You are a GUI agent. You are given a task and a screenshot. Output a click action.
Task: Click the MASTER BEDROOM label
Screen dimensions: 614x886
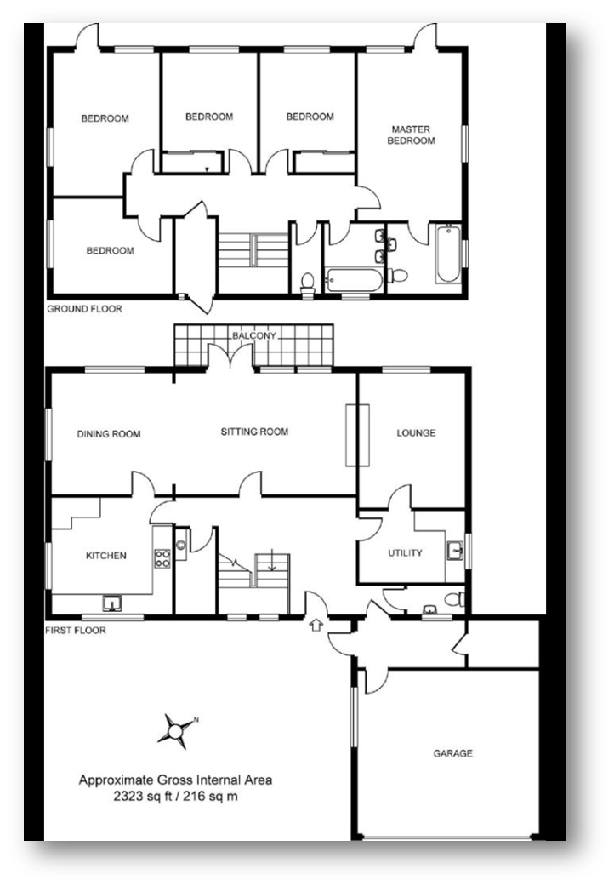click(412, 135)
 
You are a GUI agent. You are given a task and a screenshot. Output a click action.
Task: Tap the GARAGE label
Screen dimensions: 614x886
click(452, 753)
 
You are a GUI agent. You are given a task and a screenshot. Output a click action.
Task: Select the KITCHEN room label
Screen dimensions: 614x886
click(106, 556)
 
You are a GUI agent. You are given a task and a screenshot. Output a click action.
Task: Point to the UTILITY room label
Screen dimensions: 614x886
click(405, 552)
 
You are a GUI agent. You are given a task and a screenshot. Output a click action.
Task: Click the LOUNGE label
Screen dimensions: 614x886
click(416, 433)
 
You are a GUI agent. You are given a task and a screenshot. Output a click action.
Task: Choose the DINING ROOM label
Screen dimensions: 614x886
click(109, 434)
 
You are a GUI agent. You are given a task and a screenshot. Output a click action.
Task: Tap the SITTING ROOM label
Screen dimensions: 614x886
click(254, 432)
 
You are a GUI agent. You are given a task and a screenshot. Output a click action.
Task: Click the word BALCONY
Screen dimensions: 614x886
click(254, 335)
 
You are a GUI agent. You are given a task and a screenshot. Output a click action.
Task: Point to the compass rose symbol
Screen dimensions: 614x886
click(176, 731)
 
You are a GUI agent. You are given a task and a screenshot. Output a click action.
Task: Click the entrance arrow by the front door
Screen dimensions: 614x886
click(316, 625)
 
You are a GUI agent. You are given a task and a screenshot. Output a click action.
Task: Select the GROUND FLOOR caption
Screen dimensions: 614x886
click(84, 308)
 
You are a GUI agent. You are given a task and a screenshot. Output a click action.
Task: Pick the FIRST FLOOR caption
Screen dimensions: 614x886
click(76, 630)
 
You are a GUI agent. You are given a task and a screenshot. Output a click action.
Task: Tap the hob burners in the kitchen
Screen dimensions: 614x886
click(162, 559)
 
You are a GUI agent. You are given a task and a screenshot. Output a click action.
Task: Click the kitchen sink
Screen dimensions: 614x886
click(111, 603)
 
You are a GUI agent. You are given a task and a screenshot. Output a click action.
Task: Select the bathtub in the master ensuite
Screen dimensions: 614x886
click(448, 254)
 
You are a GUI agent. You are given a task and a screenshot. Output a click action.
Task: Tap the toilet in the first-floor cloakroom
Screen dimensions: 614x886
click(454, 599)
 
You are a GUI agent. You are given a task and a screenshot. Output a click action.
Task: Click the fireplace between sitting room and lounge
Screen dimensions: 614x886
click(357, 435)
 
